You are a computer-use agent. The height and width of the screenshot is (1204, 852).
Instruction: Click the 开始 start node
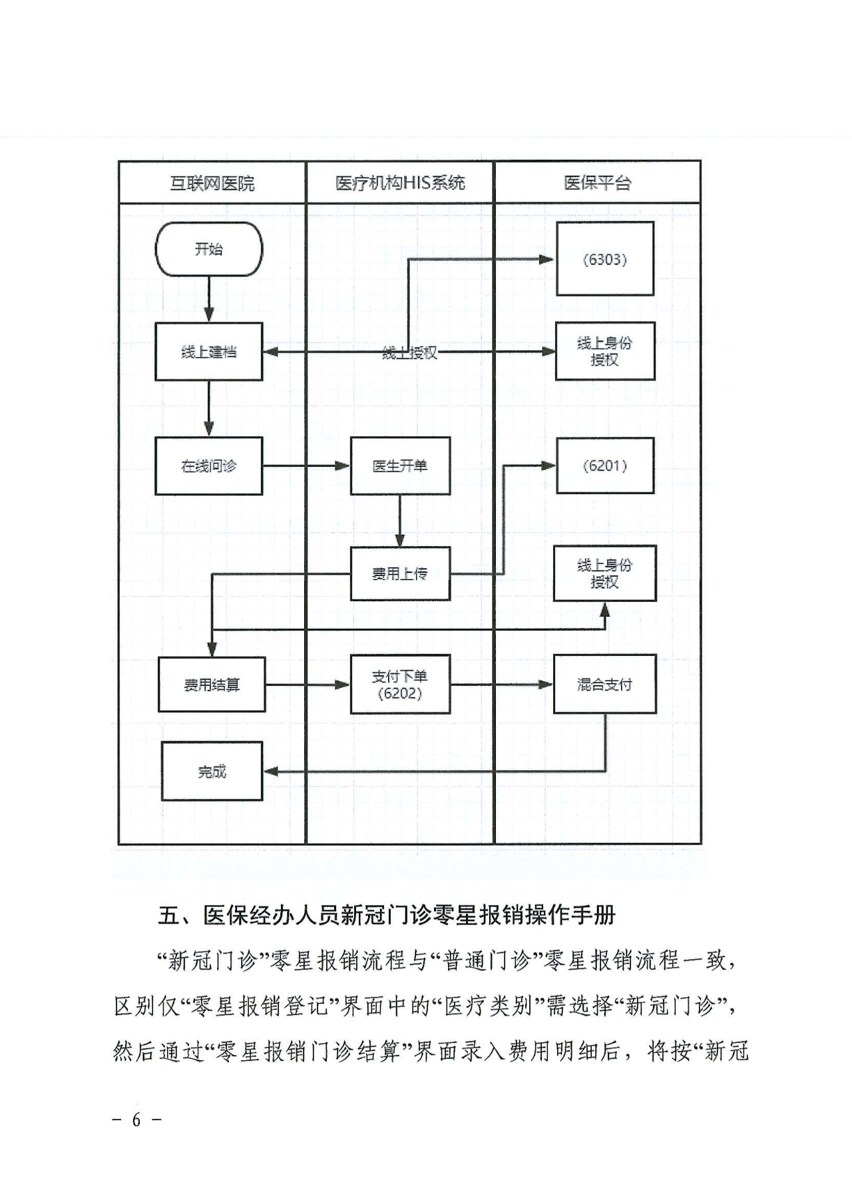(208, 249)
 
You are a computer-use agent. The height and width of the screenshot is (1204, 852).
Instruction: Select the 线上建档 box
(208, 352)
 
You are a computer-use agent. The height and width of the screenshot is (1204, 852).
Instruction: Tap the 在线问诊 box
(208, 466)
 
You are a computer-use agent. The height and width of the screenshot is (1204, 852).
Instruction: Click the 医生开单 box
(400, 466)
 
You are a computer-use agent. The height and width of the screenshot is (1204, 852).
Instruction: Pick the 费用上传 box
(400, 573)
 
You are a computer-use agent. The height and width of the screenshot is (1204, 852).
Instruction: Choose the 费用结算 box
(212, 685)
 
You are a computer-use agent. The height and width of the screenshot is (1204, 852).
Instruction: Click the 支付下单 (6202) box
(400, 685)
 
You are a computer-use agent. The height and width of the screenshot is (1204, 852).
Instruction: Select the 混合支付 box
(604, 685)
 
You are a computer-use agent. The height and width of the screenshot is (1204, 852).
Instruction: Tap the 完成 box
(212, 771)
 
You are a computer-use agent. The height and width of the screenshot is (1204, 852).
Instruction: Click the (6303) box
(604, 259)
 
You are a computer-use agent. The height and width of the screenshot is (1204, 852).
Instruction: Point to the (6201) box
(604, 465)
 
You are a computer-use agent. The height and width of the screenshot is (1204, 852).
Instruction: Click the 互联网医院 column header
(212, 182)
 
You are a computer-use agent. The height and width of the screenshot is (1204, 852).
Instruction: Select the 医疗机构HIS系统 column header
(400, 182)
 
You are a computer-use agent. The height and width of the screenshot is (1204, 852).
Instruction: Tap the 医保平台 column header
(597, 182)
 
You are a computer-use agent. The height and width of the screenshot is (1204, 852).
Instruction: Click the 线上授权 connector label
(410, 353)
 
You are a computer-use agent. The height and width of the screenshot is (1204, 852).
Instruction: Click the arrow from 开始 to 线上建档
(209, 300)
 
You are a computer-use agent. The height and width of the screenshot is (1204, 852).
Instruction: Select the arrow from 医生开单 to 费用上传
(400, 521)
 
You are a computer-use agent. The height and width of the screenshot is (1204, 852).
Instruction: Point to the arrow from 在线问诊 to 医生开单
(306, 466)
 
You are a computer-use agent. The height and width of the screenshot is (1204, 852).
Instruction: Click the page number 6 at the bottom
(136, 1119)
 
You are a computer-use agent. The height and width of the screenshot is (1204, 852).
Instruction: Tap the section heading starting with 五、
(386, 915)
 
